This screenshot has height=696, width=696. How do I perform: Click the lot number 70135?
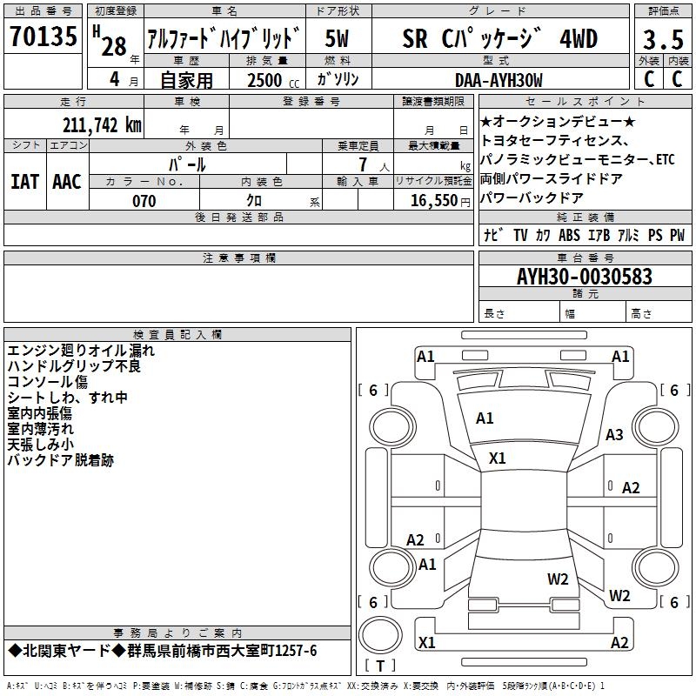point(45,38)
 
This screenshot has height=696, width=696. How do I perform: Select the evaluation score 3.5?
point(661,40)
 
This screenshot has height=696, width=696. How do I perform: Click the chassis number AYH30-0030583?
point(584,277)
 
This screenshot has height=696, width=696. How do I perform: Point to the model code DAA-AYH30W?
point(499,80)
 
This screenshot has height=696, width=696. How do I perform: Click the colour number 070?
point(144,201)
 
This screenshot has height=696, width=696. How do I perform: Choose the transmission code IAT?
point(24,181)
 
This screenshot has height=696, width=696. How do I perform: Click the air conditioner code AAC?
point(66,181)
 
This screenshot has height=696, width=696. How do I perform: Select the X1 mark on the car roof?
point(498,458)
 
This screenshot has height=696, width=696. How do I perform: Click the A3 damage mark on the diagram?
point(615,434)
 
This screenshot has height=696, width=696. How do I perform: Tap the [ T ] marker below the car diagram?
point(379,666)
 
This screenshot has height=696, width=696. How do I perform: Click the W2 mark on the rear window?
point(558,579)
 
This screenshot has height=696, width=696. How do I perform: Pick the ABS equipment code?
point(569,235)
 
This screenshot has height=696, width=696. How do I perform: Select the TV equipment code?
point(520,235)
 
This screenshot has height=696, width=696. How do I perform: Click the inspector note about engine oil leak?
point(81,351)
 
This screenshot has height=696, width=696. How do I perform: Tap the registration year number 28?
point(114,47)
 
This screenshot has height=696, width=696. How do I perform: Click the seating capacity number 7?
point(360,164)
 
